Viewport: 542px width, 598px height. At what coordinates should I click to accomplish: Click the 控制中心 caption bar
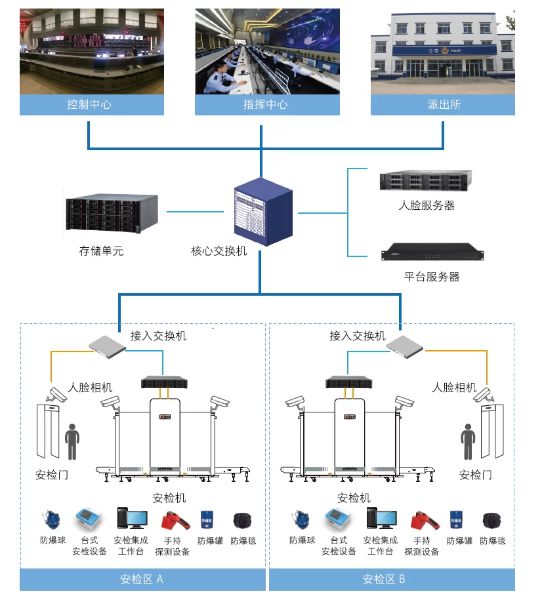(91, 105)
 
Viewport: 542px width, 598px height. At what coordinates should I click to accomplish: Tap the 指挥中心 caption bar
(267, 105)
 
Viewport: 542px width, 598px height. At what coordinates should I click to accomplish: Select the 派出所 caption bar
(443, 105)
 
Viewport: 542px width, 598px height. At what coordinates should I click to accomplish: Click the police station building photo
(443, 52)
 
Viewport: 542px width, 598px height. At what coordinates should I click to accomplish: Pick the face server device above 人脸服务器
(426, 181)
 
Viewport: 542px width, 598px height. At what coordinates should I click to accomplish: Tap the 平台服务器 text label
(431, 277)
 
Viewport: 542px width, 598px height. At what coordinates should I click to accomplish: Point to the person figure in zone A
(72, 441)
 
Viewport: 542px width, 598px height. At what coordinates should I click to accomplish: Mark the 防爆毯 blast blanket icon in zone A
(243, 521)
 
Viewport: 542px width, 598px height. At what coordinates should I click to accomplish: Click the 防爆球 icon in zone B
(302, 521)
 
